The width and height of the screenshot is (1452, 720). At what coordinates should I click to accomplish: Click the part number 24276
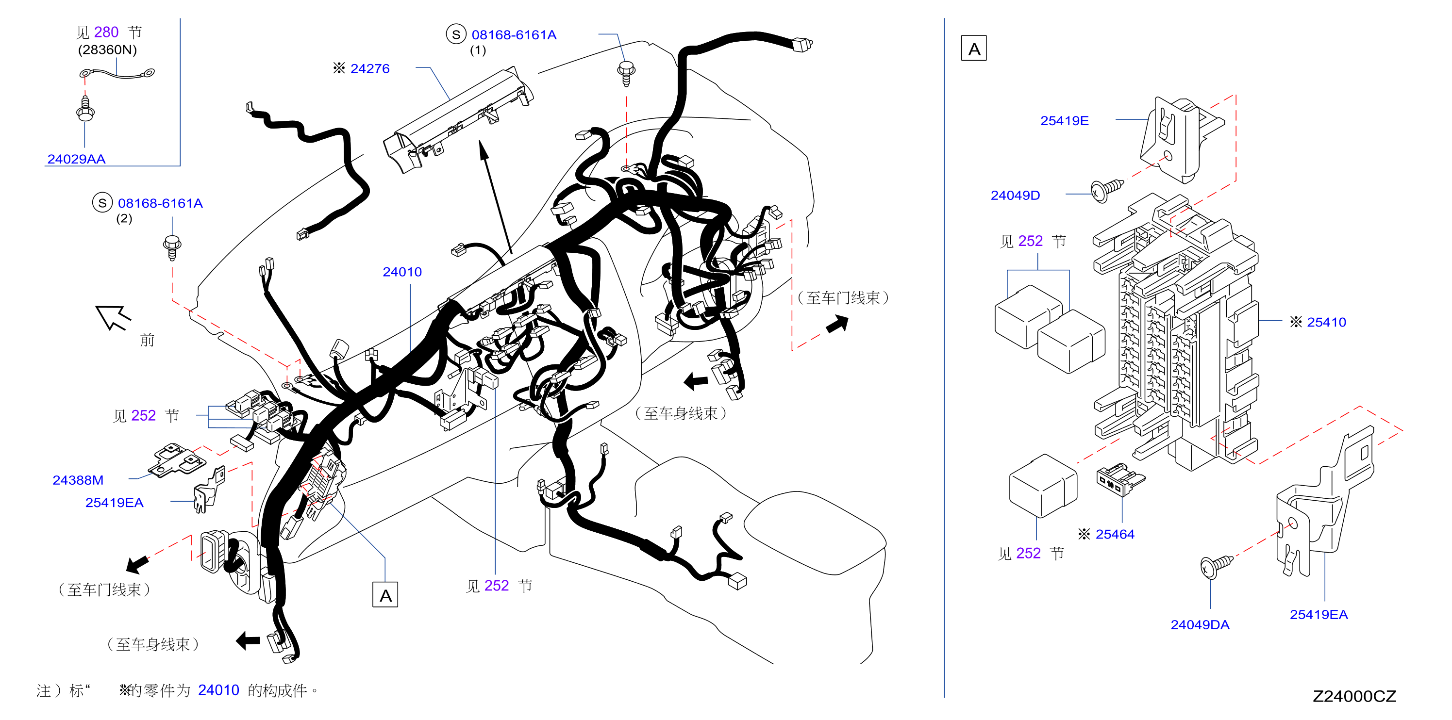[370, 69]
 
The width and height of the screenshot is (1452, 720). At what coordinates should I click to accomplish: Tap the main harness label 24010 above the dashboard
[402, 272]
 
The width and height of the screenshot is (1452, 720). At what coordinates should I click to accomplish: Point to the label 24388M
[78, 480]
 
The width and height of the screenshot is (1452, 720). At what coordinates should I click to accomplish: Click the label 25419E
[1064, 120]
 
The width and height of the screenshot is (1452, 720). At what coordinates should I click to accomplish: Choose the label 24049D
[1015, 196]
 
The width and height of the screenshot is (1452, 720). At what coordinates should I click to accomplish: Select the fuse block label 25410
[1326, 322]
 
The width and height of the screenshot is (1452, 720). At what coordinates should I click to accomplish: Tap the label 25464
[1115, 534]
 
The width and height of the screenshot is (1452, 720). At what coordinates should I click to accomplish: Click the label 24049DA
[1200, 625]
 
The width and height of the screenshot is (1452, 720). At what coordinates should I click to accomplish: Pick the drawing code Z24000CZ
[1354, 696]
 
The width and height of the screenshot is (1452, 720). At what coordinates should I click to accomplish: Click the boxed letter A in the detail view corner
[974, 49]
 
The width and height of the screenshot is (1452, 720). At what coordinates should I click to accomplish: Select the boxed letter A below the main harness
[385, 595]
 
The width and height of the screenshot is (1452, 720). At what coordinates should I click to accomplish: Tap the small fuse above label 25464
[1119, 479]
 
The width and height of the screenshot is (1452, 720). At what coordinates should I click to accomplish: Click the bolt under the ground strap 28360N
[85, 109]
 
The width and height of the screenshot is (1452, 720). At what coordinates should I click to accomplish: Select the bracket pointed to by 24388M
[176, 460]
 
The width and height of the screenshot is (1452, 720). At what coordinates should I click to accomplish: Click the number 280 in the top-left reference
[106, 32]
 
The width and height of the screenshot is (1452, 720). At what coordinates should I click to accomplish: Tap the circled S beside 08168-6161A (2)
[102, 203]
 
